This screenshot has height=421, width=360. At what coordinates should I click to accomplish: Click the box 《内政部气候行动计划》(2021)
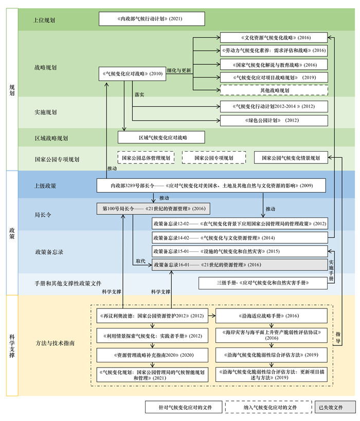point(152,19)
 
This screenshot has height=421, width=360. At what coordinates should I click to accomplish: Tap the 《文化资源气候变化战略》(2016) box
point(274,38)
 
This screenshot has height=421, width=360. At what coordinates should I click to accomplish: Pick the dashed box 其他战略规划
point(274,90)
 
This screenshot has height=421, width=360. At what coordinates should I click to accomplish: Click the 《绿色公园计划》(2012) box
point(274,120)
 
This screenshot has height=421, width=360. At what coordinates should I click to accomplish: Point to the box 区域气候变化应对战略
point(161,137)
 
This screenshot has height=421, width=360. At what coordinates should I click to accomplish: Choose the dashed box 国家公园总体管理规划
point(146,158)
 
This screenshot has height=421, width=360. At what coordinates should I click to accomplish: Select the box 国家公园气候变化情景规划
point(291,158)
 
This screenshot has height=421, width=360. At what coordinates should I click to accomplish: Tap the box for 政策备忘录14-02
point(240,237)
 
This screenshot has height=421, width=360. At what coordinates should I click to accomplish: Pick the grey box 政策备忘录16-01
point(240,265)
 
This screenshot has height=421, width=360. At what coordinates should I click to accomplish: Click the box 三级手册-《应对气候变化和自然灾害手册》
point(263,283)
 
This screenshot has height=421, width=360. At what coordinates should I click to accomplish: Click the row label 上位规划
point(45,20)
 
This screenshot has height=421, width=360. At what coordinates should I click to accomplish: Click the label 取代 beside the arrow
point(139,261)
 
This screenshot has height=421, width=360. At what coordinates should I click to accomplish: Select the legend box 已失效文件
point(334,407)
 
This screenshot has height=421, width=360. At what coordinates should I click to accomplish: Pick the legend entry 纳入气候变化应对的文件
point(268,407)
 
